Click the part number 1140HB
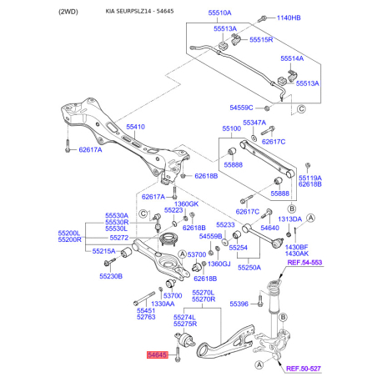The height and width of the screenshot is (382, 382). [x=282, y=18]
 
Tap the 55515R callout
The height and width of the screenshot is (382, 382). [x=260, y=39]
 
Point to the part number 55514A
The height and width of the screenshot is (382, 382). [x=292, y=59]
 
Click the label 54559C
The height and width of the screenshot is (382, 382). [x=242, y=108]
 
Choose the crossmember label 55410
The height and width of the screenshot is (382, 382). [x=136, y=127]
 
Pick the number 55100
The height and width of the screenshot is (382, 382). [x=230, y=130]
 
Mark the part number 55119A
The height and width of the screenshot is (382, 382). [x=310, y=178]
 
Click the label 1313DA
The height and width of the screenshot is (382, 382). [x=290, y=219]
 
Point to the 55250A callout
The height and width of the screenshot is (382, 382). [x=247, y=268]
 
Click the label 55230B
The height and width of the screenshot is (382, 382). [x=111, y=275]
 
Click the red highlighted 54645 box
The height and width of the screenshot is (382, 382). [x=158, y=354]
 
